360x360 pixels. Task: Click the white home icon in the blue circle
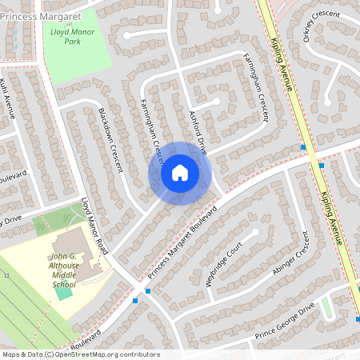click(180, 172)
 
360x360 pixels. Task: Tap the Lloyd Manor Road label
click(94, 226)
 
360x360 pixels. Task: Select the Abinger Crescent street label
click(290, 255)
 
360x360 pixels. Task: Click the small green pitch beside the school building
click(62, 291)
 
